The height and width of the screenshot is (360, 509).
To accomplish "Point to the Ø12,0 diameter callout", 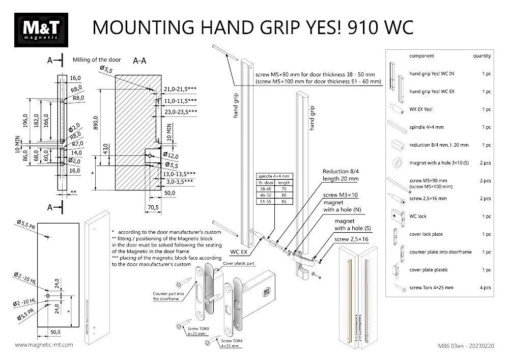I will (172, 155).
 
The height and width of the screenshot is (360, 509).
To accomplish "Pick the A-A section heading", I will (140, 61).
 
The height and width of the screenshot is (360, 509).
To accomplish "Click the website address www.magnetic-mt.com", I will (44, 345).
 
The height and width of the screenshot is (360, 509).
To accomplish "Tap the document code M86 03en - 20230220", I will (465, 345).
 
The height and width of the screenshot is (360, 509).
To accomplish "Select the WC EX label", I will (239, 252).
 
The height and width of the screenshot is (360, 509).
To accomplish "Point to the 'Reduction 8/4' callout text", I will (341, 172).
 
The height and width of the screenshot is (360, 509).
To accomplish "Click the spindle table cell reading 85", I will (284, 202).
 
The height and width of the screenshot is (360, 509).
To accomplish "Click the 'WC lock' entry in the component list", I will (418, 216).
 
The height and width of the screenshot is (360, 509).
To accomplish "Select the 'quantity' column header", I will (482, 56).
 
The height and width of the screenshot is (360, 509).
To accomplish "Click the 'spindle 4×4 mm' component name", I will (427, 127).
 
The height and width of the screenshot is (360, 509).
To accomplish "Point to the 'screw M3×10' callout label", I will (341, 195).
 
